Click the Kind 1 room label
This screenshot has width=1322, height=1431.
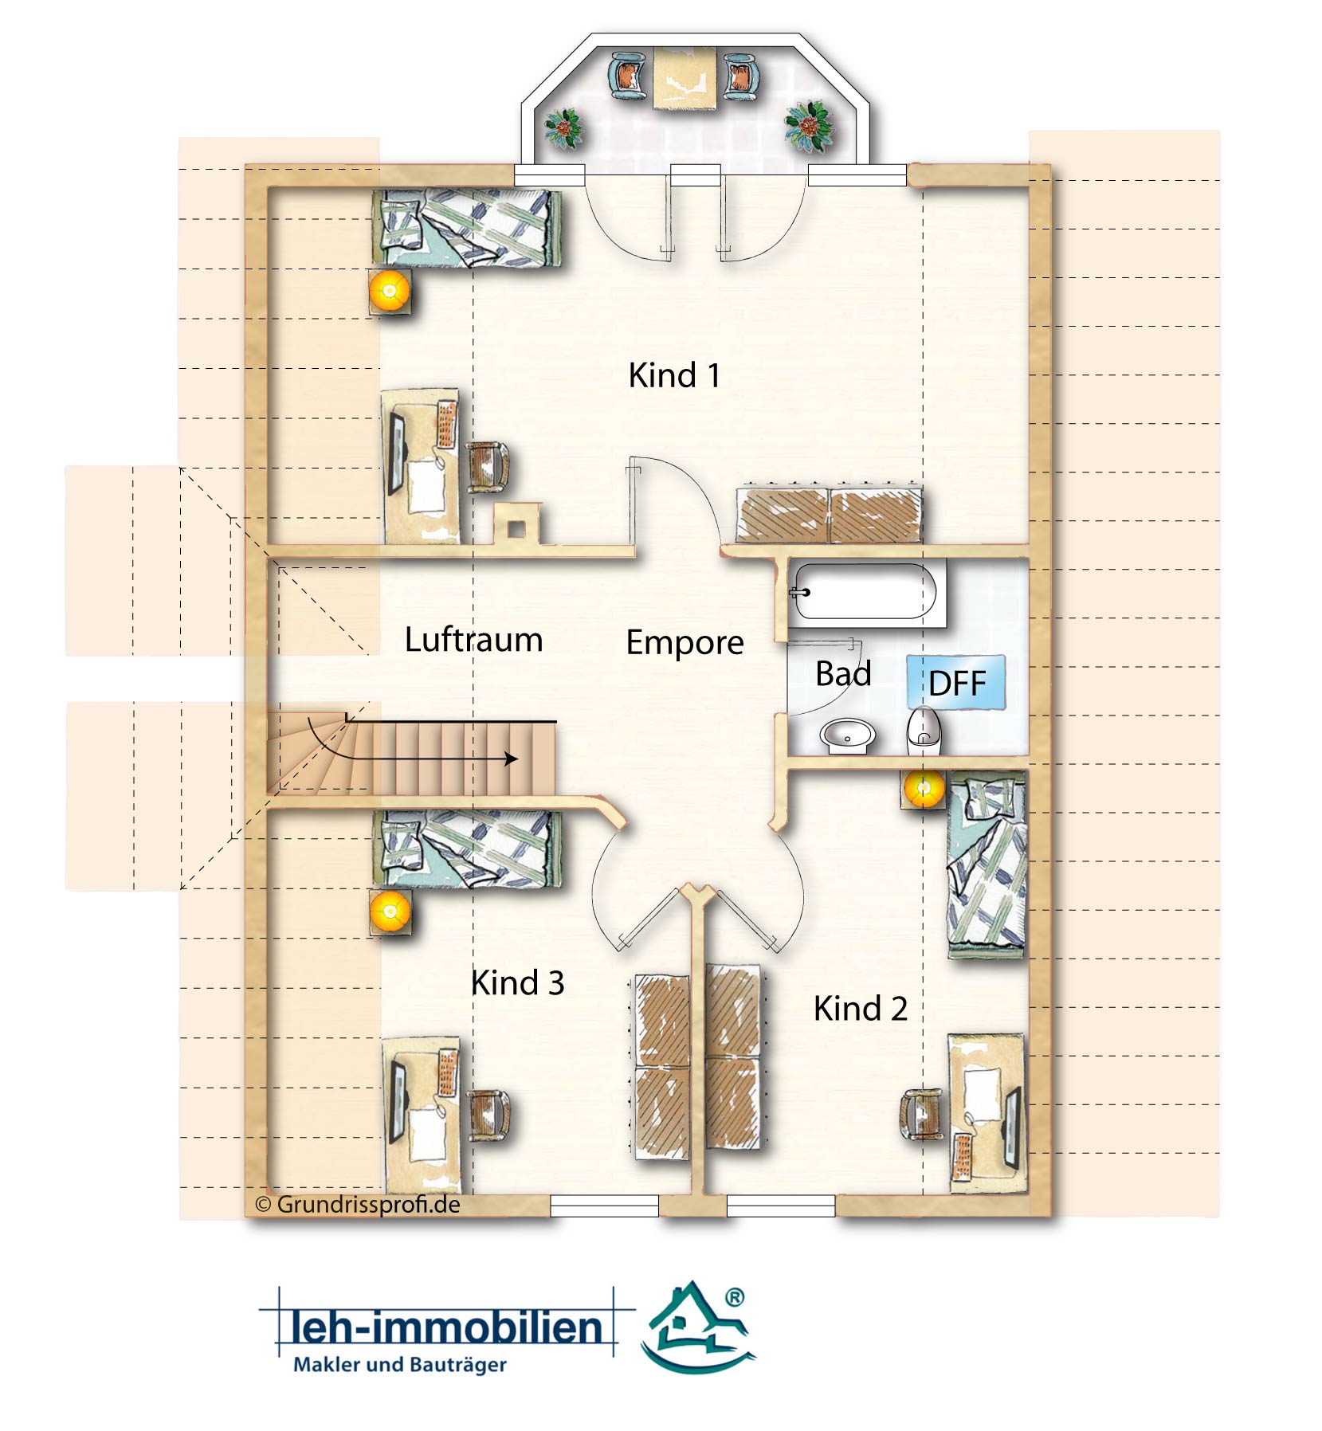tap(674, 375)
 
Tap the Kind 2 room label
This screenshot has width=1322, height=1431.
tap(861, 1009)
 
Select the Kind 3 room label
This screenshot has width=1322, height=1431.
tap(518, 982)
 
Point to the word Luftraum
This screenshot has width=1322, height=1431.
tap(473, 640)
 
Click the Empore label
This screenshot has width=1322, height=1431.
tap(685, 643)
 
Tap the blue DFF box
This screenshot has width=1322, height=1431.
tap(956, 683)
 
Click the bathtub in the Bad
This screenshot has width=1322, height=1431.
tap(866, 592)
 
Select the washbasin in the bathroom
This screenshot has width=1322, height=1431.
tap(847, 735)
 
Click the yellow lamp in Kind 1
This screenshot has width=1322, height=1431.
tap(390, 291)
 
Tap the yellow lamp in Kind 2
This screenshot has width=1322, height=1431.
tap(924, 790)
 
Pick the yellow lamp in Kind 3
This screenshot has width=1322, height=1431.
tap(390, 912)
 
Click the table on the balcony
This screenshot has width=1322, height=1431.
tap(685, 78)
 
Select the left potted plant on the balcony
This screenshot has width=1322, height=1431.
tap(564, 127)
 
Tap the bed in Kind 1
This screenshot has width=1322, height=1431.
tap(467, 229)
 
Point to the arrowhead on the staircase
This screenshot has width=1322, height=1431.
tap(512, 759)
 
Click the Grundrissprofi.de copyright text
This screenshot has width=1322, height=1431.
tap(358, 1204)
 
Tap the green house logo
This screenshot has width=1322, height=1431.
tap(698, 1327)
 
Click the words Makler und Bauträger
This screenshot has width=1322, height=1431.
tap(400, 1365)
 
